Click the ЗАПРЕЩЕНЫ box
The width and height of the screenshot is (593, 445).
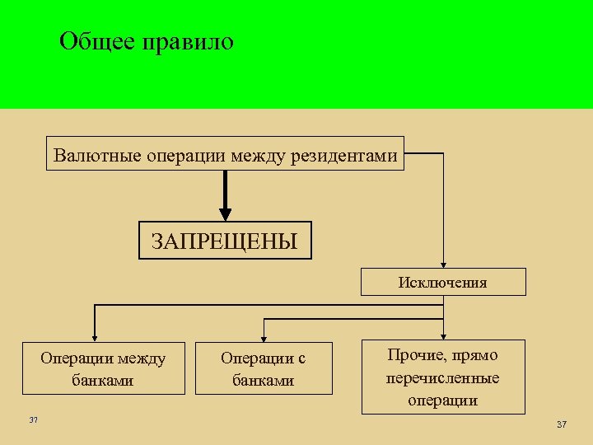click(225, 241)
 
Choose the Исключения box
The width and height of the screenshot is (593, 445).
click(443, 283)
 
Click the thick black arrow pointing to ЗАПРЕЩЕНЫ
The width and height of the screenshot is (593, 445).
click(226, 198)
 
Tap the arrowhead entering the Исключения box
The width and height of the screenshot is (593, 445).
click(443, 263)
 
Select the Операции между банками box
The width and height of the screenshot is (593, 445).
click(103, 369)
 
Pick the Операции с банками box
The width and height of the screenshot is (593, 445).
click(264, 369)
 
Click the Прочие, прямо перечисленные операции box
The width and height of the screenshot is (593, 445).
click(443, 377)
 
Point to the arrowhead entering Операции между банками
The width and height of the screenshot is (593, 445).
click(95, 336)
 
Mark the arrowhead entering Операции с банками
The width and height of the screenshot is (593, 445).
click(263, 336)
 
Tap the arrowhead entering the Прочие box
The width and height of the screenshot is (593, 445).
click(443, 335)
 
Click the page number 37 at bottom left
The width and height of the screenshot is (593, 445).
click(33, 421)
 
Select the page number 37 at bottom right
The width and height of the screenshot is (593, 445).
click(562, 424)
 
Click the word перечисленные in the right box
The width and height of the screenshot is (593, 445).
click(443, 378)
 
